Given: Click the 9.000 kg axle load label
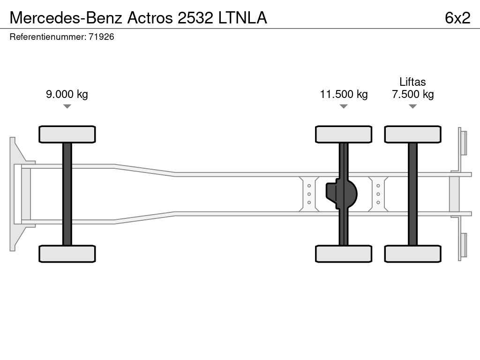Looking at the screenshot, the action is click(67, 94).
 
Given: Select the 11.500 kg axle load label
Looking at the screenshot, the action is click(344, 94).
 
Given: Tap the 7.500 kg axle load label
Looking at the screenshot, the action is click(412, 94).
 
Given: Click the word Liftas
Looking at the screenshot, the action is click(412, 82).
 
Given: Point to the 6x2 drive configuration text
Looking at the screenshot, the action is click(457, 18).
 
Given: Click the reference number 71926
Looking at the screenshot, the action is click(101, 37).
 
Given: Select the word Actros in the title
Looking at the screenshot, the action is click(150, 18).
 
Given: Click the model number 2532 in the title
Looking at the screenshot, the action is click(195, 18).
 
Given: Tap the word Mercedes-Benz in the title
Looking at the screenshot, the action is click(66, 18).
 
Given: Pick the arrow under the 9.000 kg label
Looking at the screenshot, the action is click(67, 106).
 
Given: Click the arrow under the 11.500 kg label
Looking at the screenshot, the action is click(344, 106).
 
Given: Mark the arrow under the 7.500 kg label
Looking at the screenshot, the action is click(412, 106).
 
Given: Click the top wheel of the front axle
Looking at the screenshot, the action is click(67, 134).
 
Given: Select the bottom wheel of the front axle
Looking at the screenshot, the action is click(67, 254).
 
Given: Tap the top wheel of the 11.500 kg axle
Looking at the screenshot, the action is click(344, 134).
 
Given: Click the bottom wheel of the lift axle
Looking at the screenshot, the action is click(412, 254).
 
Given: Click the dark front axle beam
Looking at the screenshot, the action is click(67, 194).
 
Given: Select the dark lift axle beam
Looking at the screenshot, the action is click(412, 194).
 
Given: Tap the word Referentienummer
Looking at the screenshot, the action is click(48, 37).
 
